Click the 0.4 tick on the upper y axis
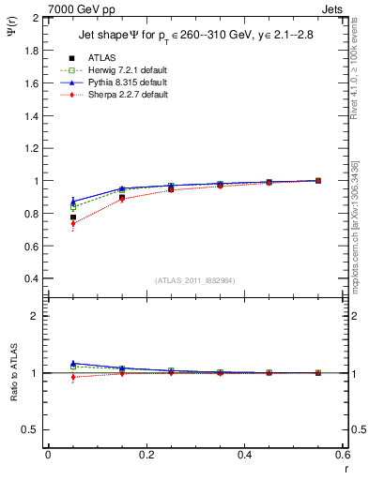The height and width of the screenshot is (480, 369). click(33, 278)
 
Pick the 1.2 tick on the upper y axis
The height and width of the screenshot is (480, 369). click(33, 148)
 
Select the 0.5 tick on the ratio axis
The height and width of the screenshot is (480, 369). click(33, 429)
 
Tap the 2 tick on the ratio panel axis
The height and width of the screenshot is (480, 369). click(37, 316)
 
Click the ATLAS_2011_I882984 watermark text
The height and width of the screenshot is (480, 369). click(194, 280)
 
